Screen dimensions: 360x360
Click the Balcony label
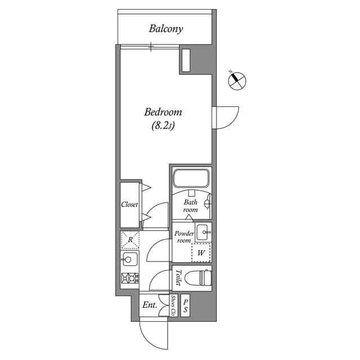(166, 29)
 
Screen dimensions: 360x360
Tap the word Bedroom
(163, 112)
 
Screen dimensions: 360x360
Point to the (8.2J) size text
(163, 126)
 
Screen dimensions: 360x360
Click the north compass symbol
(237, 80)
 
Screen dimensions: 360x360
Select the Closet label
(129, 205)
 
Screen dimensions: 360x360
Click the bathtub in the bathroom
(191, 179)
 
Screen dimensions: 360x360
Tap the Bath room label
(190, 206)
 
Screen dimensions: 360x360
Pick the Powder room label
(184, 237)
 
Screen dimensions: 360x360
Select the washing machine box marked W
(201, 253)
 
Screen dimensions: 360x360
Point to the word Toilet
(178, 278)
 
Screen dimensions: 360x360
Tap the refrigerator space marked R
(130, 240)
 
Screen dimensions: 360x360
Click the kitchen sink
(129, 260)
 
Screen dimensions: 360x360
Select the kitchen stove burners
(129, 278)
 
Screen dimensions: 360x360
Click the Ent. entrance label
(149, 305)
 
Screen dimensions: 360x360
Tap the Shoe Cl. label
(173, 305)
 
